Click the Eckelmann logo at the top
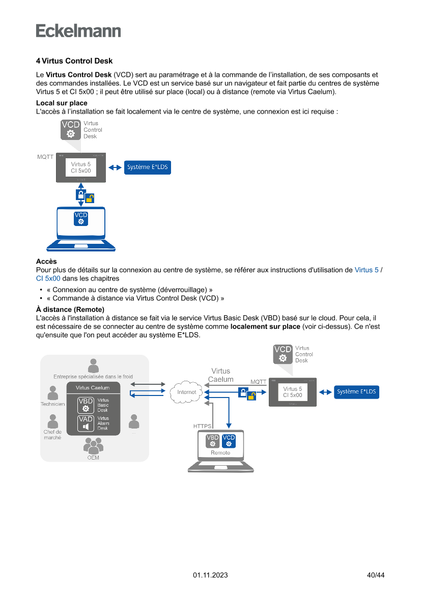78,31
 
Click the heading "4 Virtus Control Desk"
74,61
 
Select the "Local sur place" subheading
62,103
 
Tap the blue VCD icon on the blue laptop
81,219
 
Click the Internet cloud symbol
187,392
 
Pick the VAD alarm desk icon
86,423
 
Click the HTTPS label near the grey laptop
202,426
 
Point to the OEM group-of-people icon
93,446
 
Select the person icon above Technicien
52,393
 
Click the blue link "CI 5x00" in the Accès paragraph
48,278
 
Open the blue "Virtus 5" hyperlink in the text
366,270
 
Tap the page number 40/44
376,575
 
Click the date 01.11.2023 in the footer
210,575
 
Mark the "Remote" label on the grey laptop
220,452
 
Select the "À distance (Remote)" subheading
70,309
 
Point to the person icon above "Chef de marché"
52,421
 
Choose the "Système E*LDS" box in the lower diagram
356,392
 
